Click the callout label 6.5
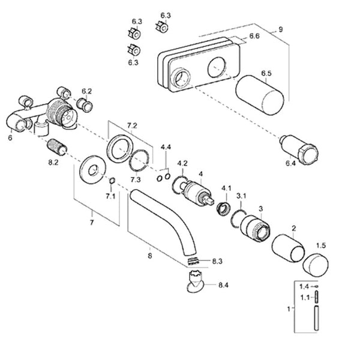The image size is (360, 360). [266, 74]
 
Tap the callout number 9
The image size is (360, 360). [280, 29]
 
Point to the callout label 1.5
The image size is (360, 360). [321, 246]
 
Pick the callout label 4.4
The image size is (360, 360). [166, 147]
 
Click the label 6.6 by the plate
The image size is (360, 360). [254, 37]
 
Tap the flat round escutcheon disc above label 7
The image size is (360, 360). [92, 168]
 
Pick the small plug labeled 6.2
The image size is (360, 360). [87, 107]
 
